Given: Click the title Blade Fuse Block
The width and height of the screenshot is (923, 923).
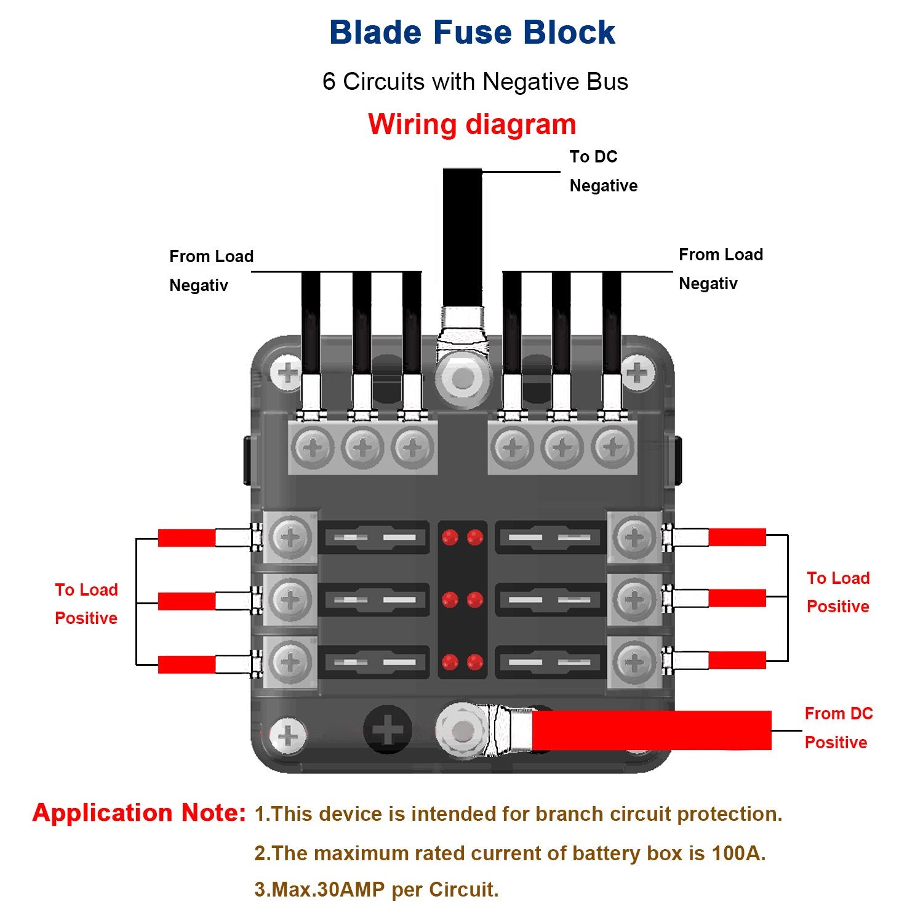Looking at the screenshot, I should pos(472,33).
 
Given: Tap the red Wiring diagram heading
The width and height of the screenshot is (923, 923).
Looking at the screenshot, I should pos(472,124).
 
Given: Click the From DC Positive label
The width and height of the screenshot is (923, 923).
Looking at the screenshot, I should pos(838,728).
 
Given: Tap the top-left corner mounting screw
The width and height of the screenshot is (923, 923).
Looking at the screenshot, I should pos(287,372).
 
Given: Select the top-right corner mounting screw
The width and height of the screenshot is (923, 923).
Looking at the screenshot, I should pos(637,372).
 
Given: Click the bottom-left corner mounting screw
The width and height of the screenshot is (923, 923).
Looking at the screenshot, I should pos(288,736).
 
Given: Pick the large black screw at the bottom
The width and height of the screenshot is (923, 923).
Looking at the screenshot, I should pos(388,730).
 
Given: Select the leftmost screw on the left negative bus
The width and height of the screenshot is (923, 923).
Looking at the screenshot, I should pos(313,447).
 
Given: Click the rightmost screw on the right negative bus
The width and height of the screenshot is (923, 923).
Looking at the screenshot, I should pos(613,447).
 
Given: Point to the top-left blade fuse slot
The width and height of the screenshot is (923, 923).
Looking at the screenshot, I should pos(374,538).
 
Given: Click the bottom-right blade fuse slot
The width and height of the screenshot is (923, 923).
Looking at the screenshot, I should pos(550,662).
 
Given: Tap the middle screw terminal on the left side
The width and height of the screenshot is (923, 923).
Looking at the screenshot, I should pos(290,600).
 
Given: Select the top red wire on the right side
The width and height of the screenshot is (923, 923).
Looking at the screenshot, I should pos(737,537).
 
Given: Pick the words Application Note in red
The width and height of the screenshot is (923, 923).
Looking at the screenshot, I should pos(139,813).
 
